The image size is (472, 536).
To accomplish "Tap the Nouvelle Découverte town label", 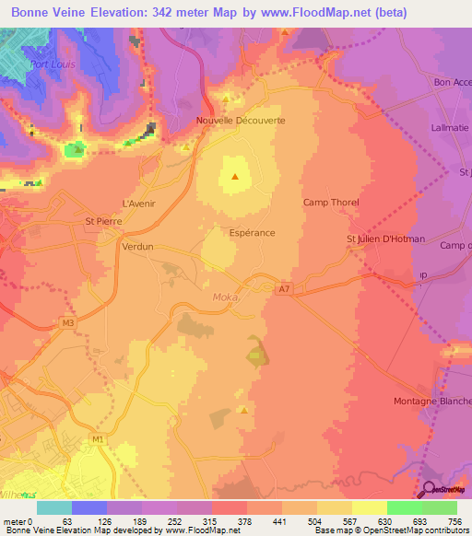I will coord(241,121).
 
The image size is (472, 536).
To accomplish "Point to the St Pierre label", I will coord(101,221).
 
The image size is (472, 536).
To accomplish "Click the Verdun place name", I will coord(137,248).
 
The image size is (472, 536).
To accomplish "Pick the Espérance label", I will coord(252,233).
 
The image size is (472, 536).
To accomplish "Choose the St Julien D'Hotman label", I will coord(385,239).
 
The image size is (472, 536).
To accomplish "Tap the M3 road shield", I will coord(67,321).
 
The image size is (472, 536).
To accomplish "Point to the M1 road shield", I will coord(97,438).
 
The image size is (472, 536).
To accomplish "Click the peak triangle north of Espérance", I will coord(236,176).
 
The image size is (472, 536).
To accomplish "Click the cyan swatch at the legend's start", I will coord(53,507).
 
